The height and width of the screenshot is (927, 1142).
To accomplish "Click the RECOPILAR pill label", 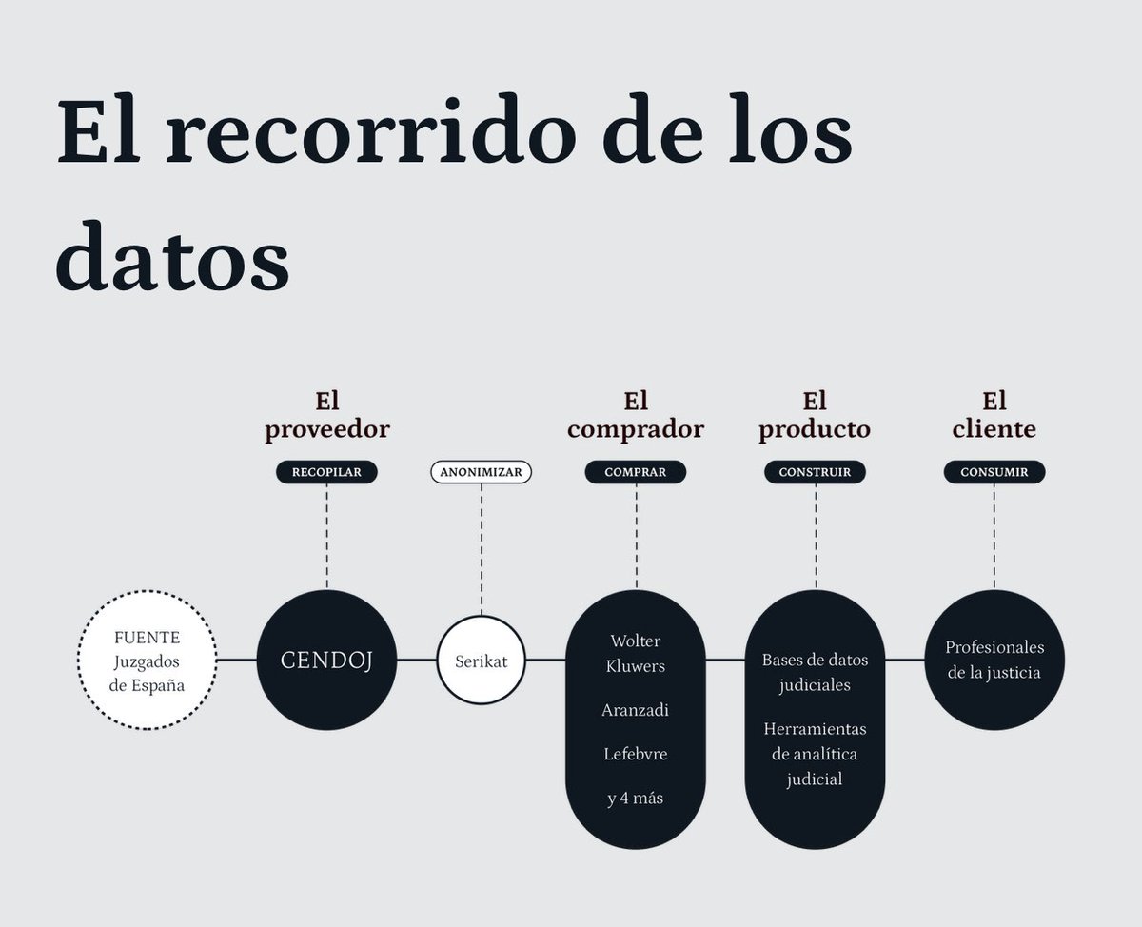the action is [326, 472].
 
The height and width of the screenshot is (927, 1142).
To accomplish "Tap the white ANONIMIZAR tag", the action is [482, 472].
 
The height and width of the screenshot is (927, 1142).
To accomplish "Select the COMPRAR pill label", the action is [635, 472].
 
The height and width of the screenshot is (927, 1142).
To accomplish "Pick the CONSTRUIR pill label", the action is [815, 472].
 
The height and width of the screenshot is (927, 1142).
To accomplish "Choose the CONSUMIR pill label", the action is [994, 472].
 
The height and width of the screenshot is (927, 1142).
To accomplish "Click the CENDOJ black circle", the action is [326, 660].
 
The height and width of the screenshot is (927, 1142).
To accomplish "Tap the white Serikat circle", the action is [481, 661].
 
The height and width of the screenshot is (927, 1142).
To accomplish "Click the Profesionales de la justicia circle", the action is [994, 660].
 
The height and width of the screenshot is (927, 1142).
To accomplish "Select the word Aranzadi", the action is [635, 710].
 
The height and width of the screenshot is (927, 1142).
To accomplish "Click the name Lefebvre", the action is [635, 754].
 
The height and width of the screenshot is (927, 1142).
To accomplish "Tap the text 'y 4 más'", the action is [635, 798].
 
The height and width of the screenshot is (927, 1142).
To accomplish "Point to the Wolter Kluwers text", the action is [635, 653].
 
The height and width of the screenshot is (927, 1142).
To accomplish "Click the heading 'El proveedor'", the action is [326, 415].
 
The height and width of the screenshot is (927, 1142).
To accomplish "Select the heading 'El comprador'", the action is [635, 415].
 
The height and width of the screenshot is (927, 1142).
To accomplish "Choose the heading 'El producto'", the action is [815, 415].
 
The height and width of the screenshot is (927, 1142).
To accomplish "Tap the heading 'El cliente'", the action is [994, 415].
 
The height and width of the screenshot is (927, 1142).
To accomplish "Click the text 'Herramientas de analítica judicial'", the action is [815, 754].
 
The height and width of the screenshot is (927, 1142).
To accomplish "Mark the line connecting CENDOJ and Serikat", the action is [417, 660].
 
